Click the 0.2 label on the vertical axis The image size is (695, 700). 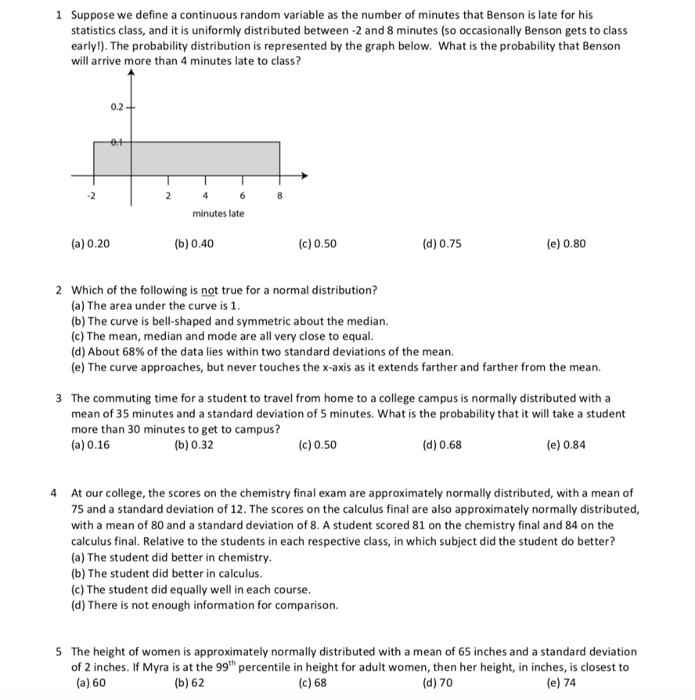coord(116,107)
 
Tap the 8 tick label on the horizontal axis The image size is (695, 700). coord(279,196)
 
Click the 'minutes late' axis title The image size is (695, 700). coord(218,214)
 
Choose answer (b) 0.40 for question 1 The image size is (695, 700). coord(194,244)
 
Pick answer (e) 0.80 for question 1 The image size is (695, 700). coord(567,244)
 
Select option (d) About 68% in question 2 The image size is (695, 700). coord(262,352)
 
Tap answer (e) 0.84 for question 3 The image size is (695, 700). coord(567,445)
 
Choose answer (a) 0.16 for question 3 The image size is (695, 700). coord(90,445)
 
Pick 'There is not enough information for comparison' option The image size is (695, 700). coord(204,605)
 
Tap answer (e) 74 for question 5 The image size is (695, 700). coord(562,683)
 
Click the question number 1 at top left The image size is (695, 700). coord(60,14)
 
